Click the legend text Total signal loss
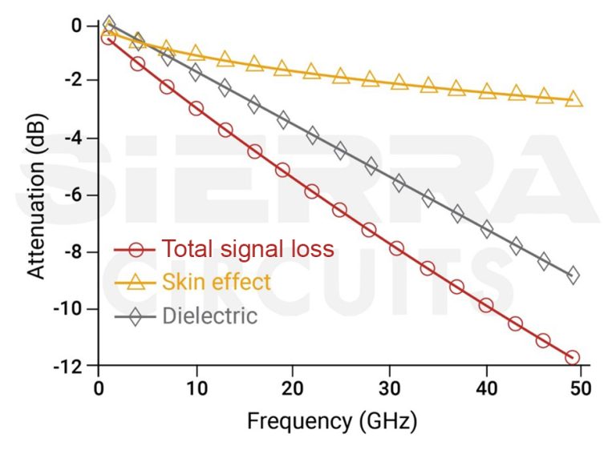pyautogui.click(x=248, y=248)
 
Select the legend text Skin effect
pyautogui.click(x=217, y=282)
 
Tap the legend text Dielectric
pyautogui.click(x=210, y=315)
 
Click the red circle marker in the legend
pyautogui.click(x=136, y=249)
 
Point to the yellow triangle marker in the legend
pyautogui.click(x=136, y=282)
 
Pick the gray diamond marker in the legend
pyautogui.click(x=136, y=315)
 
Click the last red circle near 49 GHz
pyautogui.click(x=572, y=357)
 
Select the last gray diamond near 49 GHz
pyautogui.click(x=572, y=275)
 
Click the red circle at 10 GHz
pyautogui.click(x=196, y=108)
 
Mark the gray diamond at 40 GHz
pyautogui.click(x=486, y=229)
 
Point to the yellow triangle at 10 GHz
pyautogui.click(x=196, y=54)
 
